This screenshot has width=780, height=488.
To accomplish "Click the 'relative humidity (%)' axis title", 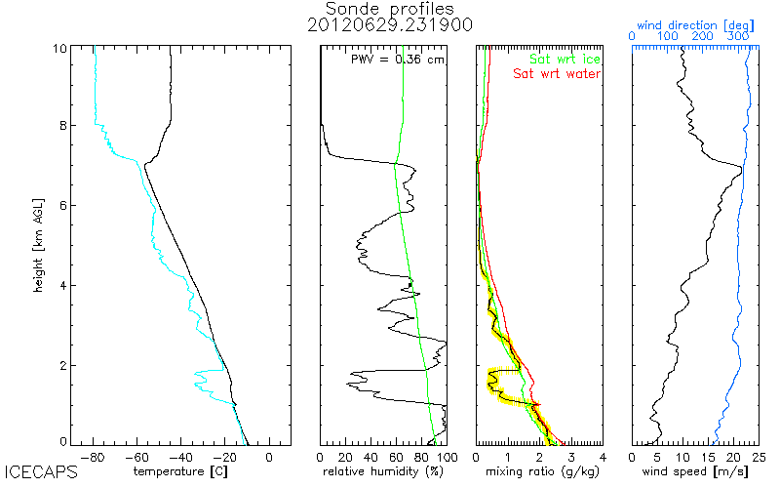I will [x=384, y=472].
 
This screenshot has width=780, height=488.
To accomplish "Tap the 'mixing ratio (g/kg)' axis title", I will [x=539, y=472].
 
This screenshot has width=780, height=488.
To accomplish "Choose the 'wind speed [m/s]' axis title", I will [x=695, y=472].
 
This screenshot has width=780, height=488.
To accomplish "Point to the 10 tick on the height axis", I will [x=59, y=49].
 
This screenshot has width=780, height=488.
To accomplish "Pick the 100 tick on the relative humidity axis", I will [x=447, y=456].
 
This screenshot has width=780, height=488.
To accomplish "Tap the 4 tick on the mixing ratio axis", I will [x=603, y=456].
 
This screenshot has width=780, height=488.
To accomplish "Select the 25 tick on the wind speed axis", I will [x=758, y=456].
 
